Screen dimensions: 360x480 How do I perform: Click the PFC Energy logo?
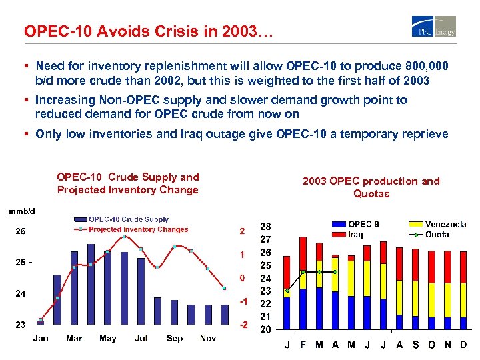(x=434, y=26)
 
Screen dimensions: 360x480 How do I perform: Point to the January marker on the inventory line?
(x=41, y=321)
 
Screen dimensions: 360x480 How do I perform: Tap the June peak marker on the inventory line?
(x=124, y=237)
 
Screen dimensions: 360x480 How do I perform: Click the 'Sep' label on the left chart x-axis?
(x=175, y=338)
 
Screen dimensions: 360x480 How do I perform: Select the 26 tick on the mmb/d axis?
(x=21, y=232)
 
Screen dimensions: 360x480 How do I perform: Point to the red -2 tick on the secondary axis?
(x=244, y=325)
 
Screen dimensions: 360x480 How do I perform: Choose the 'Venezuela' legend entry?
(x=445, y=225)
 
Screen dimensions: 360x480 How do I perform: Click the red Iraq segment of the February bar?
(x=303, y=253)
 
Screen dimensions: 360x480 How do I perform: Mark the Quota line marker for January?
(x=287, y=291)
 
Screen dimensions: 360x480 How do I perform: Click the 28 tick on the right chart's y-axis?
(x=265, y=227)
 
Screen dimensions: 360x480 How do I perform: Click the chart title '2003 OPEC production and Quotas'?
(x=371, y=187)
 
